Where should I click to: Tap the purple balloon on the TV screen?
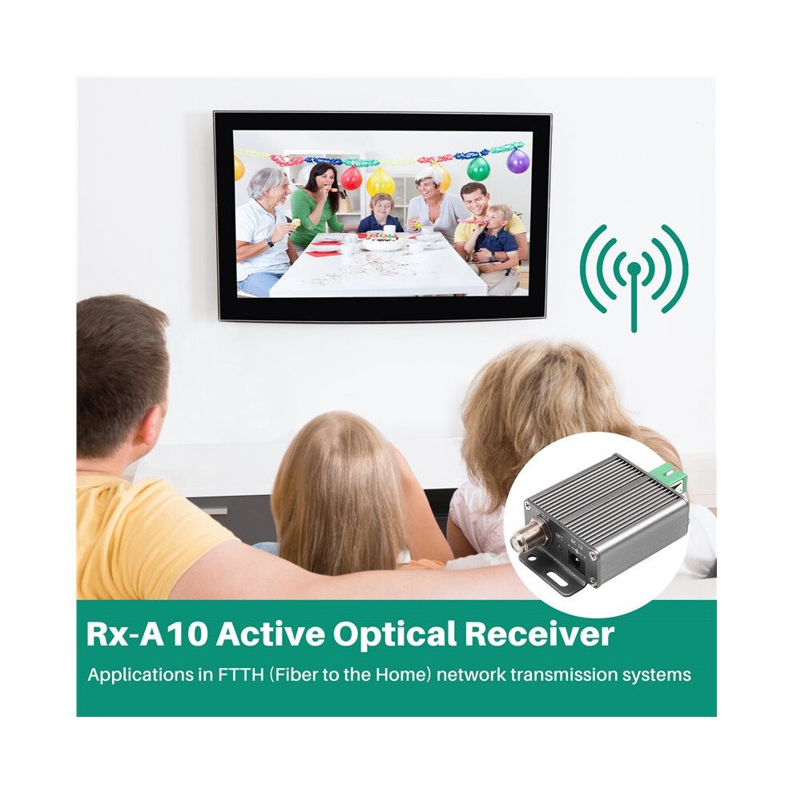[518, 161]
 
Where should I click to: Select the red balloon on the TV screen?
[352, 178]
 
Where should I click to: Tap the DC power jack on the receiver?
[576, 560]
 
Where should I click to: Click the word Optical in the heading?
[396, 634]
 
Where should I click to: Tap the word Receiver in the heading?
[540, 633]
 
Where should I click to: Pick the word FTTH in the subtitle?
[241, 674]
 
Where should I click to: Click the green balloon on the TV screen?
[478, 168]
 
